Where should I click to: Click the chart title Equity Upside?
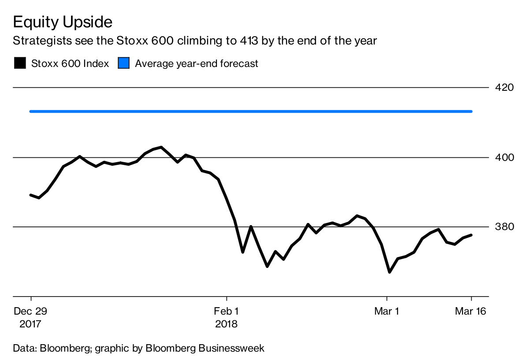pos(63,22)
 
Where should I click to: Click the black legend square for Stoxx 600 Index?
pos(20,63)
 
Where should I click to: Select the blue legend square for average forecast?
pos(124,63)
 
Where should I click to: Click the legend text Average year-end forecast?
pos(196,63)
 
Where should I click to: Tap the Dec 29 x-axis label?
pos(30,311)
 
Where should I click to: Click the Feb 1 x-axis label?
pos(226,311)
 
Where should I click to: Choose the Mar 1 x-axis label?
pos(387,311)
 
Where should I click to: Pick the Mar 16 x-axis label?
pos(470,311)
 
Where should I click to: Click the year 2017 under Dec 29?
pos(30,324)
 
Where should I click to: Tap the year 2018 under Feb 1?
pos(226,324)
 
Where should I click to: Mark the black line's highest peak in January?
pos(161,147)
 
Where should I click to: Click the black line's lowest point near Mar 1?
pos(389,272)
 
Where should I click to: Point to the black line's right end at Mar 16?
pos(472,235)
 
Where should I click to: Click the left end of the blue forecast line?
pos(30,111)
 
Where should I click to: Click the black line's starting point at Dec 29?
pos(30,195)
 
